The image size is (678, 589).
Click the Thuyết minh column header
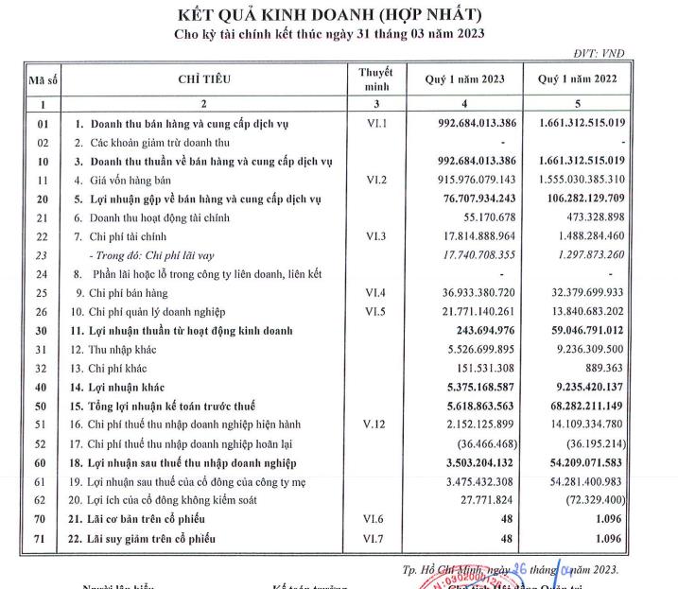[375, 79]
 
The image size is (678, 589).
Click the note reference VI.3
[375, 235]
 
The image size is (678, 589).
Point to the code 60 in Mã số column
[42, 463]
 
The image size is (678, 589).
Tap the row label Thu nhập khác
[123, 350]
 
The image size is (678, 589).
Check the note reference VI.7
[375, 539]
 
